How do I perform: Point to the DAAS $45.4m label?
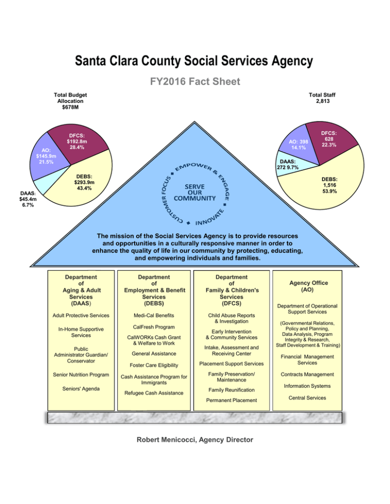28,199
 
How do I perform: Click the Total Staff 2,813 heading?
322,98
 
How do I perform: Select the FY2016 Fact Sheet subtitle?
195,81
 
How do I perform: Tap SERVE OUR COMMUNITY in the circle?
194,193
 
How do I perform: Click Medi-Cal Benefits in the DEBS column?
154,315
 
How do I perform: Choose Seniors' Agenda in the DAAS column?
81,388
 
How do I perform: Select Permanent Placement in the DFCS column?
232,400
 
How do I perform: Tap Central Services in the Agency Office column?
307,398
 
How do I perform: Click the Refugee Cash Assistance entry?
154,393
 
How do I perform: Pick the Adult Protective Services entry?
81,315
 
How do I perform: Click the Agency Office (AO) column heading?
309,286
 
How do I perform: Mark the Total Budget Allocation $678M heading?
70,101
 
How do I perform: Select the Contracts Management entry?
307,374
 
